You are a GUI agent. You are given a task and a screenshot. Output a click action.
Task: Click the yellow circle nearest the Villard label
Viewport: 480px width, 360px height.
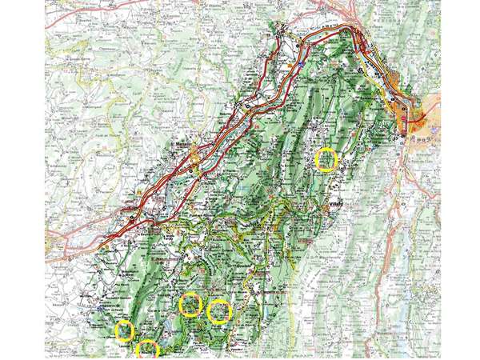point(326,159)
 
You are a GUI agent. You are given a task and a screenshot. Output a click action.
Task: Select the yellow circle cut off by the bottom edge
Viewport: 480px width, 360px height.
point(148,350)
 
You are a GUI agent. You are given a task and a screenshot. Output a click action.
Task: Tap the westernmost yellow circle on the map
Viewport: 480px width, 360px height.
point(124,330)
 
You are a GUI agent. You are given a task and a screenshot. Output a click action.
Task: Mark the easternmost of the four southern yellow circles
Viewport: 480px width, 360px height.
point(219,310)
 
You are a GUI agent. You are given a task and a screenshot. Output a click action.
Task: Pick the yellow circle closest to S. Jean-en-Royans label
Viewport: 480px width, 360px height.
point(190,304)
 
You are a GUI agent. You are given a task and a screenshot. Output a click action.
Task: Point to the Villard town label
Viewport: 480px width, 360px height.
point(335,204)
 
